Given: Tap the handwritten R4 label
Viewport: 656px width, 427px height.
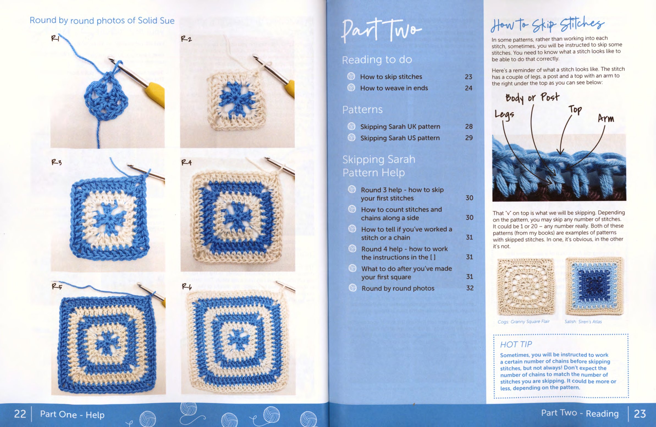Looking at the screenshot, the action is click(186, 162).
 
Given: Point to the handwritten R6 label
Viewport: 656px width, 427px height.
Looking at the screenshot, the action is click(187, 287).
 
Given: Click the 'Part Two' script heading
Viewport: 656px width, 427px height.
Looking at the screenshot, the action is click(381, 30).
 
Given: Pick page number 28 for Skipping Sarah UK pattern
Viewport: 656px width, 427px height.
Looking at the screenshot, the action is click(469, 126).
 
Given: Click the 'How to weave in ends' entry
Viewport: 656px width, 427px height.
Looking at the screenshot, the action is click(394, 88).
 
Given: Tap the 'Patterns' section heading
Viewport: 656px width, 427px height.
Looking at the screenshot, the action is click(362, 110).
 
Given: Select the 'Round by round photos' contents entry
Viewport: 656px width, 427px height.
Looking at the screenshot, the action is click(398, 289).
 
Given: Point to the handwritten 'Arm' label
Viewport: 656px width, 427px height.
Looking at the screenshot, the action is click(606, 118).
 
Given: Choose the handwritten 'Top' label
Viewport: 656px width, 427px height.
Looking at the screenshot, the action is click(575, 110).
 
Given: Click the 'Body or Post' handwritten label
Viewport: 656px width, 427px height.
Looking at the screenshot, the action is click(532, 98).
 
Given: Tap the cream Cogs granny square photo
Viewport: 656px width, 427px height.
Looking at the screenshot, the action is click(526, 287).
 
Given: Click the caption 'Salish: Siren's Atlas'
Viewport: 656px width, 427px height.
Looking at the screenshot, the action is click(583, 322).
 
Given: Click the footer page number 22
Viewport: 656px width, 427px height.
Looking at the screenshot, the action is click(20, 414).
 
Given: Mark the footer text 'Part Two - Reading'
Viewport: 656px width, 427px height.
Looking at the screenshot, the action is click(580, 413).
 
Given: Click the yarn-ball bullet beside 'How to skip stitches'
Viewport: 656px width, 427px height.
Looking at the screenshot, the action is click(351, 76).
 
